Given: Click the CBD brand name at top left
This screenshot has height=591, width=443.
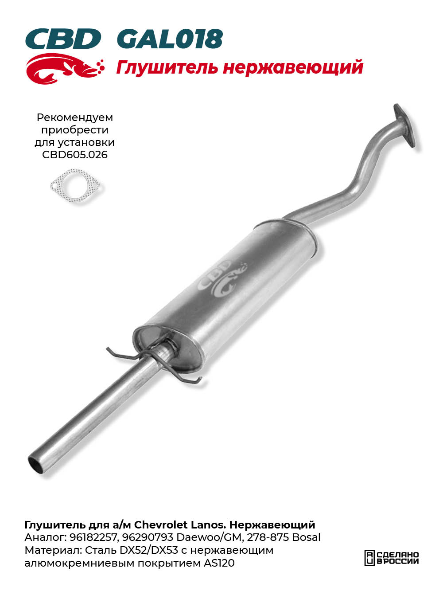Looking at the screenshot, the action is point(63,39).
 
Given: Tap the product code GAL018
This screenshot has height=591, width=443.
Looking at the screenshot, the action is point(170,39).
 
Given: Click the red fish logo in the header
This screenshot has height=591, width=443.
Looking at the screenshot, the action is point(65,69).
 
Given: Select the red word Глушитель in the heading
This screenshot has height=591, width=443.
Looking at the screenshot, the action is point(167,67).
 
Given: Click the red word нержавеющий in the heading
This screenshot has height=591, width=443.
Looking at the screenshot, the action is point(293,67).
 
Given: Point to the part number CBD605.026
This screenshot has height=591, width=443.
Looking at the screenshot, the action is point(75,155).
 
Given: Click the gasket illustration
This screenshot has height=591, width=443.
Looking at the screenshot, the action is point(75,185).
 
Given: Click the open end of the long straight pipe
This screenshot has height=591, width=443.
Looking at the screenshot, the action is point(35,465).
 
